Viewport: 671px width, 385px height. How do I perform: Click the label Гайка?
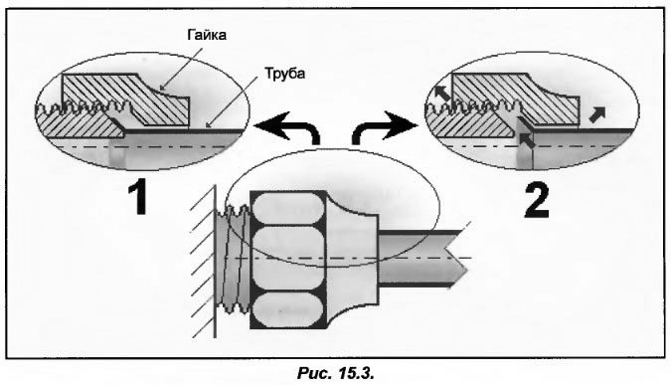point(207,35)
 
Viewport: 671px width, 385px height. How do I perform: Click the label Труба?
point(285,74)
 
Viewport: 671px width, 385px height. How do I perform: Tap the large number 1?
point(138,197)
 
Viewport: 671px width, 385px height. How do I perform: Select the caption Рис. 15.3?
point(336,373)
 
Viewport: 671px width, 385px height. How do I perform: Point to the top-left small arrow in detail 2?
point(442,93)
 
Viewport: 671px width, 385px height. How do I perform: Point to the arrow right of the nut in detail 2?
point(597,114)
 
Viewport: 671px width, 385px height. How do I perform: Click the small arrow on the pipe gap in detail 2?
point(527,140)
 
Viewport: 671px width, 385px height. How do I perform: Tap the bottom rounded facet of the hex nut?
point(288,310)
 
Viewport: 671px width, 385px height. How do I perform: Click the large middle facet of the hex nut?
point(288,259)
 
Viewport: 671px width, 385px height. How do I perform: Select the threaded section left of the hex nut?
point(233,258)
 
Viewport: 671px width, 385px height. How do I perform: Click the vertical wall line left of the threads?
point(215,261)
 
